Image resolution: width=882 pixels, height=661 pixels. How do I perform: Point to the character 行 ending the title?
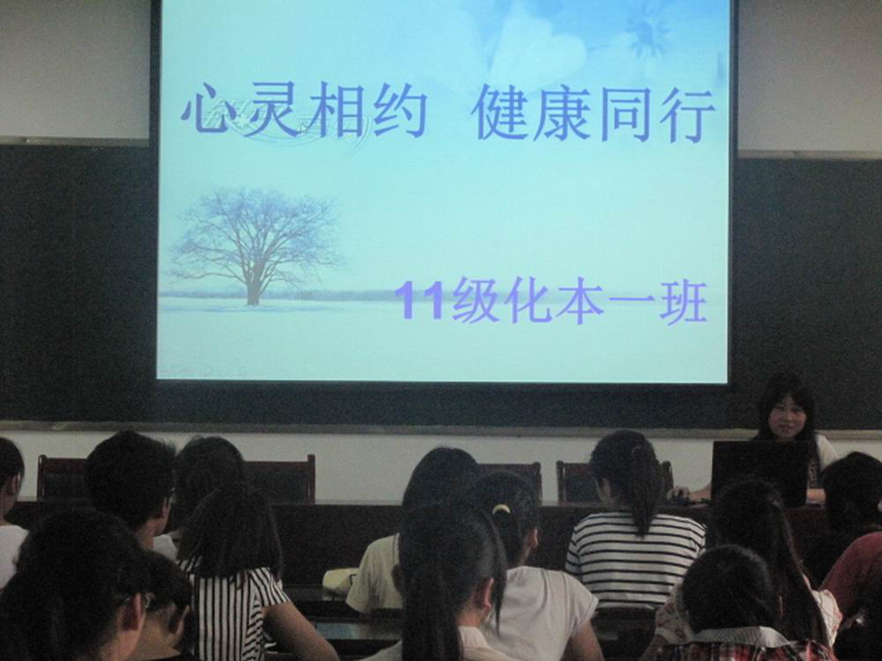pyautogui.click(x=685, y=115)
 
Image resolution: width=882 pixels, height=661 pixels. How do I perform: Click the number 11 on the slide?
pyautogui.click(x=420, y=301)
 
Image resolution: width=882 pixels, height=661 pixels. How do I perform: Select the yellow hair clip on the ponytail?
pyautogui.click(x=501, y=509)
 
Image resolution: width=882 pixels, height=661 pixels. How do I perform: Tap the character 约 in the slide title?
pyautogui.click(x=400, y=111)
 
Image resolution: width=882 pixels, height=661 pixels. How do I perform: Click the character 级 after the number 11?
pyautogui.click(x=476, y=301)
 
